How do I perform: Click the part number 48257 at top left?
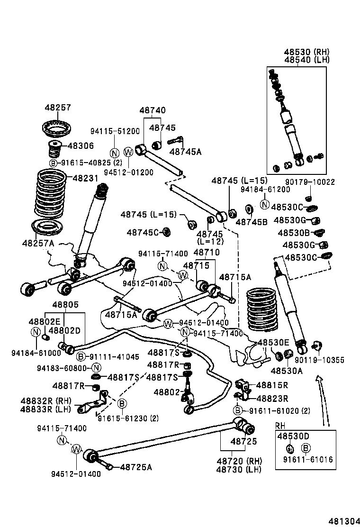(57, 108)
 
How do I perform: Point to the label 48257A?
(37, 243)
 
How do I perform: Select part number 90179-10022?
(310, 182)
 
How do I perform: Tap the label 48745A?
(185, 152)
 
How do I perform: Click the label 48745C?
(143, 232)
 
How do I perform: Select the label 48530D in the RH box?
(293, 436)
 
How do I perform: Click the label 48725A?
(135, 467)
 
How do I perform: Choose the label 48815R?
(272, 385)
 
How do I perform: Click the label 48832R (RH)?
(45, 401)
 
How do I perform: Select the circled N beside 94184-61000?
(36, 331)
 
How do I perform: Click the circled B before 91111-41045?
(81, 356)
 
